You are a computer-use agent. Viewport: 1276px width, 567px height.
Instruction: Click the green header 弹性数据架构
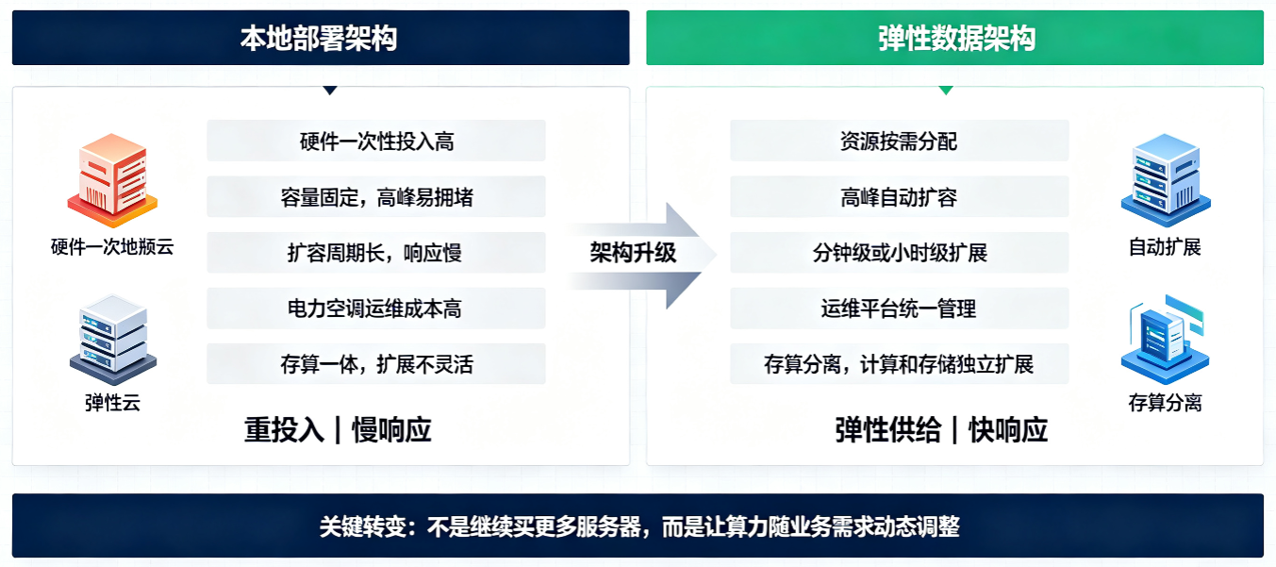point(954,38)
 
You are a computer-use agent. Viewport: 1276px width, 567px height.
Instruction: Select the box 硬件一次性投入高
point(376,141)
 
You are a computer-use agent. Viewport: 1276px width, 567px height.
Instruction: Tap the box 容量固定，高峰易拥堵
point(376,196)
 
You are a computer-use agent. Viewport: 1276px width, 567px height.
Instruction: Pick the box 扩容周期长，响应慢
point(376,253)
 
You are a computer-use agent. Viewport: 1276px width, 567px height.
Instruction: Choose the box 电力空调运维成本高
point(376,309)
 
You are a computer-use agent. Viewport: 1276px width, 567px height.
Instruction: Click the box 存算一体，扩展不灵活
point(376,363)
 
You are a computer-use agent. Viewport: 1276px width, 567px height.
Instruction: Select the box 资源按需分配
point(899,141)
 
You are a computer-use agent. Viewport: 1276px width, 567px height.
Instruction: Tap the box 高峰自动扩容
point(899,196)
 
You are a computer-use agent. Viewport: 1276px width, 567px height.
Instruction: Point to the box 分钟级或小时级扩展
point(899,253)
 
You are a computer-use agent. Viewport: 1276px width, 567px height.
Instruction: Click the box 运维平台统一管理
point(899,309)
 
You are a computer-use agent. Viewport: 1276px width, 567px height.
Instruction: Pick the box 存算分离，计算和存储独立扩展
point(899,363)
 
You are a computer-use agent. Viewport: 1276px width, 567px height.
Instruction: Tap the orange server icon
point(112,180)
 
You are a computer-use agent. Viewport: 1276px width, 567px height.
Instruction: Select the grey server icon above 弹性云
point(113,339)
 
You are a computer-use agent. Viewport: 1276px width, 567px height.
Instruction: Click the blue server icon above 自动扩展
point(1166,180)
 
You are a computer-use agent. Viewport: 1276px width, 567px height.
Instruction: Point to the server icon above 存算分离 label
point(1166,339)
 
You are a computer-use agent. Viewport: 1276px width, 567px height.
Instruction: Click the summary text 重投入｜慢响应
point(338,429)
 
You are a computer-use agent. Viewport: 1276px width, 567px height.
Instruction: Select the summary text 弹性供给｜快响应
point(941,429)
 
